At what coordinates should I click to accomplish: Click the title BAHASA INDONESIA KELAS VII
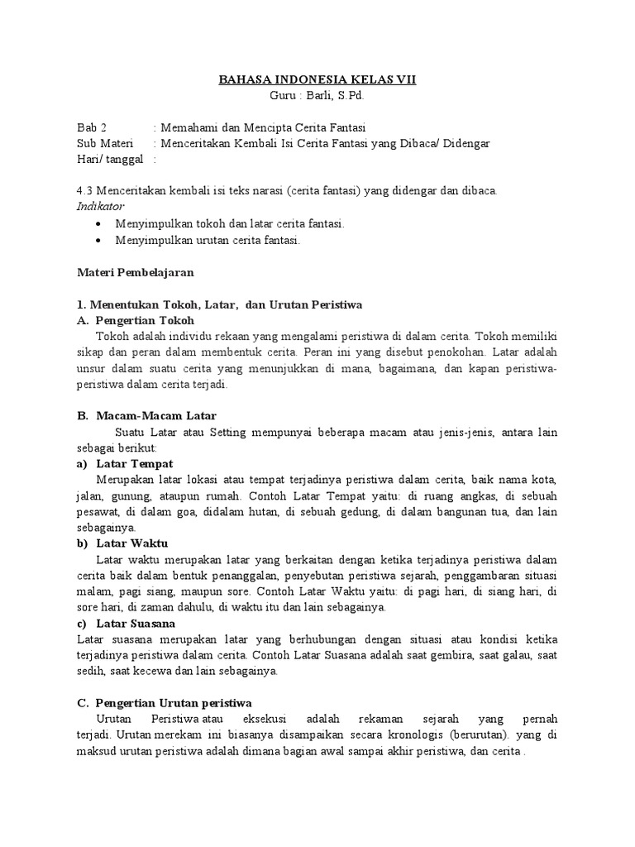(x=317, y=79)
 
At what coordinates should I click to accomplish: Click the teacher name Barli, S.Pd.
(x=333, y=95)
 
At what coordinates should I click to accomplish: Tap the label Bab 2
(x=92, y=127)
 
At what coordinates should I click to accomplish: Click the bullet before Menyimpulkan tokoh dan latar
(x=100, y=224)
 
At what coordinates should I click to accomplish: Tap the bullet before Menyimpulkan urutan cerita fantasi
(x=100, y=241)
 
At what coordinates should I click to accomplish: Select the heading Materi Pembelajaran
(x=136, y=271)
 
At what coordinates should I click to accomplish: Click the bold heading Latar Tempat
(x=134, y=463)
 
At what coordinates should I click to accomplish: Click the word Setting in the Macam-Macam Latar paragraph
(x=227, y=432)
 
